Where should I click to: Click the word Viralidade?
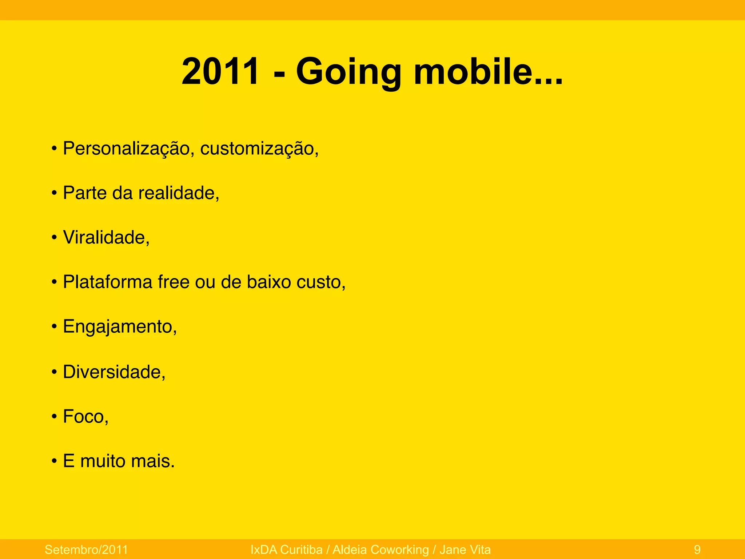pyautogui.click(x=104, y=238)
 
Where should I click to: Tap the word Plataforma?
pyautogui.click(x=107, y=282)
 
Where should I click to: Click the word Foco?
pyautogui.click(x=84, y=416)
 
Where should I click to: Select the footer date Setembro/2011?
pyautogui.click(x=86, y=550)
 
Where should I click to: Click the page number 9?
pyautogui.click(x=697, y=550)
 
